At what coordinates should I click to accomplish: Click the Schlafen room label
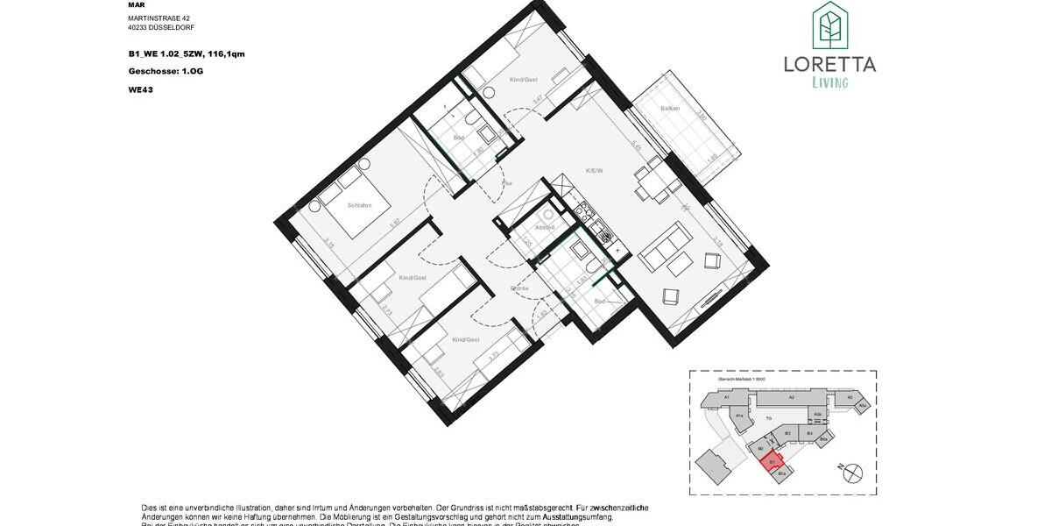[359, 205]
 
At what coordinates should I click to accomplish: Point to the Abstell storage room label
[545, 227]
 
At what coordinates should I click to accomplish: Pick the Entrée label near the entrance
[519, 288]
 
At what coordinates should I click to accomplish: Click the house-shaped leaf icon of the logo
[829, 26]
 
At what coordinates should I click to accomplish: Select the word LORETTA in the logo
[829, 63]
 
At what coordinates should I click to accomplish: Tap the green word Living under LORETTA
[829, 82]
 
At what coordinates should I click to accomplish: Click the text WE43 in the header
[140, 88]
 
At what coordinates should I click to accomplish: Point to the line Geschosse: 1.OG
[165, 71]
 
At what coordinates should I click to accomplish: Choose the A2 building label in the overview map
[790, 398]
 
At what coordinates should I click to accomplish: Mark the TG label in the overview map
[768, 418]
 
